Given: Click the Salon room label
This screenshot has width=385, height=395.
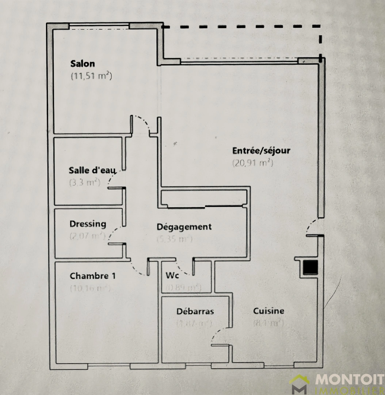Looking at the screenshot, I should tap(83, 64).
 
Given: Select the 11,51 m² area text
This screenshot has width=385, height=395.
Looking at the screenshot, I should tap(91, 76).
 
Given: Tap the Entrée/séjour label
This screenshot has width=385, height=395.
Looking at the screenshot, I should tap(261, 150).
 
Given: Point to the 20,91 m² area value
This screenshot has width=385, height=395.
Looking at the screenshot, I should tap(253, 163).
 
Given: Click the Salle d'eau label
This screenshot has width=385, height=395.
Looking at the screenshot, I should tap(92, 170).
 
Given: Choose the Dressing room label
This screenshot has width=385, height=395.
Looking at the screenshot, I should tap(88, 223).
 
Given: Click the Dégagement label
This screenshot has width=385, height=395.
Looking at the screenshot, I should tap(184, 227).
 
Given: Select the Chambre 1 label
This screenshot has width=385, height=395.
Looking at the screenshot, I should tap(93, 276).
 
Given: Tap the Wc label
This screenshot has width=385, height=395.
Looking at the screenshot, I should tap(172, 275).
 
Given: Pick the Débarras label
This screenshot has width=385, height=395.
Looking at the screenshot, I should tap(195, 311).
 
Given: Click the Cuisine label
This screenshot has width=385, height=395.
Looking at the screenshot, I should tap(268, 311).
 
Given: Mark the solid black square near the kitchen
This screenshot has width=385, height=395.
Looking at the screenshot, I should tap(309, 268).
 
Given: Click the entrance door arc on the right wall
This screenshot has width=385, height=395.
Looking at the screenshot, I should tap(310, 226).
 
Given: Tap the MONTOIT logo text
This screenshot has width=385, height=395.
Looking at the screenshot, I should tap(349, 380).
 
